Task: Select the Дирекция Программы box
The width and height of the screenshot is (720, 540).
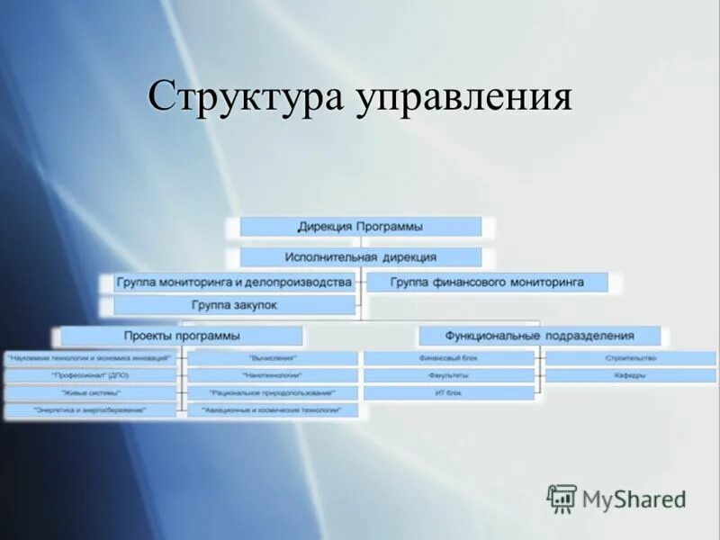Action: tap(360, 227)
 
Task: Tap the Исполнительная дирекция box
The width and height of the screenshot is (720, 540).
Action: tap(360, 257)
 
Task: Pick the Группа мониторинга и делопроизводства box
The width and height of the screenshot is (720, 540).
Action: tap(233, 283)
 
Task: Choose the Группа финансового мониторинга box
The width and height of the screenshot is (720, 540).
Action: tap(487, 283)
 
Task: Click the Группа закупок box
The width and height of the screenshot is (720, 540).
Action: tap(234, 306)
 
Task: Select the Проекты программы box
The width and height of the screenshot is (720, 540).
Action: tap(181, 337)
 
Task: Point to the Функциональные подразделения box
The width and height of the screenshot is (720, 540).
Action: tap(540, 337)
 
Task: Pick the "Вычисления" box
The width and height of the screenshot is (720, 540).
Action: tap(273, 358)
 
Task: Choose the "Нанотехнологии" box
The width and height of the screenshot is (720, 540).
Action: tap(273, 375)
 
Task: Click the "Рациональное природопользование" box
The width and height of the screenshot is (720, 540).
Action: tap(273, 393)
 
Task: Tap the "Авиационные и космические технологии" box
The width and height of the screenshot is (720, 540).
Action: tap(273, 410)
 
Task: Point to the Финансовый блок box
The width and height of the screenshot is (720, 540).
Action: tap(449, 358)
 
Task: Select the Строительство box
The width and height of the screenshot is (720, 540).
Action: tap(630, 358)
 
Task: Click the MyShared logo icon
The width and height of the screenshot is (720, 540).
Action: tap(562, 498)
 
